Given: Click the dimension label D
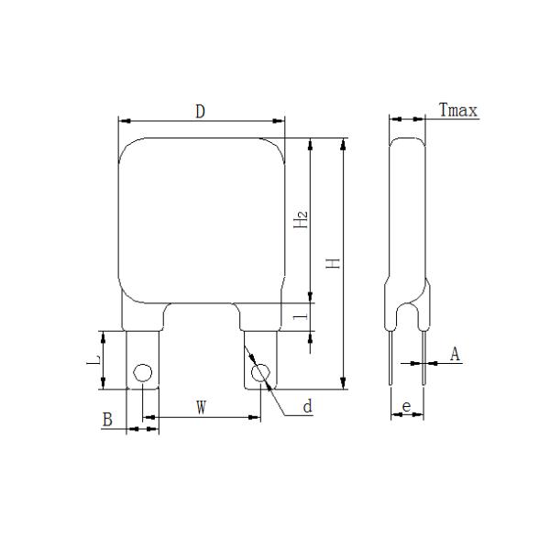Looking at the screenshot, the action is tap(200, 112).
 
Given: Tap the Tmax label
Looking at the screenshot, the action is tap(458, 110).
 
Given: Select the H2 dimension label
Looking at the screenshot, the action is tap(301, 219).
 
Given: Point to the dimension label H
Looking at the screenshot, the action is tap(334, 263).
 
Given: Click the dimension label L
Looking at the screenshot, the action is tap(93, 359).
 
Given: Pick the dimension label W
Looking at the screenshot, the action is tap(201, 407).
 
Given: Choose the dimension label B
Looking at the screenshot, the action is tap(107, 420).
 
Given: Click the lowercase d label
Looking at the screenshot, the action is tap(308, 406).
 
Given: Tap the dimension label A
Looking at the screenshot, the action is tap(455, 354).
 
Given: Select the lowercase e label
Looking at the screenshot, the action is tap(406, 406).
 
